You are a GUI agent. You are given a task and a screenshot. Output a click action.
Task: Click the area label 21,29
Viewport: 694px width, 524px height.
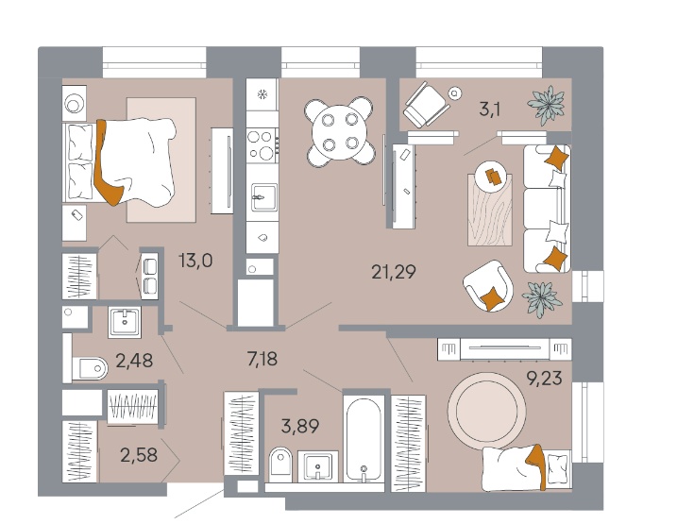pyautogui.click(x=394, y=272)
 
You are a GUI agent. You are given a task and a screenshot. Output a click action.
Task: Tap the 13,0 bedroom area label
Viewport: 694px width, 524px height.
pyautogui.click(x=195, y=261)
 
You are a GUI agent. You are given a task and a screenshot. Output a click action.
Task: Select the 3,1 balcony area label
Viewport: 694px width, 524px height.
pyautogui.click(x=489, y=109)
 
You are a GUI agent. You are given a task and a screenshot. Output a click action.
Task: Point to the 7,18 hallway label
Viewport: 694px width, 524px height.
pyautogui.click(x=262, y=359)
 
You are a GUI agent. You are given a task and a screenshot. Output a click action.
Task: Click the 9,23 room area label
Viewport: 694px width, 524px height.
pyautogui.click(x=544, y=379)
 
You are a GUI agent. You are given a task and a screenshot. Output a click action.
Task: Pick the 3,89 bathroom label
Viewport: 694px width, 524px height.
pyautogui.click(x=300, y=427)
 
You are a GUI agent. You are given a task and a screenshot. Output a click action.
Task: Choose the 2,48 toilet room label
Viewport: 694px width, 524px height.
pyautogui.click(x=134, y=361)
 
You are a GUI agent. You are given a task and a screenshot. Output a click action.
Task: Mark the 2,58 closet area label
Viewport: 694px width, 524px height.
pyautogui.click(x=139, y=455)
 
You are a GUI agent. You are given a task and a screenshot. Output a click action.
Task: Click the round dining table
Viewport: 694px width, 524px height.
pyautogui.click(x=340, y=132)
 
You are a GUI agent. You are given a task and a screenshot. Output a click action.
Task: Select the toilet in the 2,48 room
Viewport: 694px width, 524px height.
pyautogui.click(x=90, y=368)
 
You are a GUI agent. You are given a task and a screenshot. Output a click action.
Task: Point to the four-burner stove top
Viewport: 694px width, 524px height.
pyautogui.click(x=262, y=144)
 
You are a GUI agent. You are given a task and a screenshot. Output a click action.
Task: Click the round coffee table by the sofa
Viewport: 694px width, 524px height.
pyautogui.click(x=491, y=177)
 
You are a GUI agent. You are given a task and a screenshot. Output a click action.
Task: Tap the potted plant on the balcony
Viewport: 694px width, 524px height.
pyautogui.click(x=546, y=105)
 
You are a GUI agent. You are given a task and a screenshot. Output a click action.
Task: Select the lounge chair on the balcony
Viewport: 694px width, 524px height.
pyautogui.click(x=425, y=105)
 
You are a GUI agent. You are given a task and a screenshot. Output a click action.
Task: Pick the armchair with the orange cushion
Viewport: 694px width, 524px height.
pyautogui.click(x=488, y=285)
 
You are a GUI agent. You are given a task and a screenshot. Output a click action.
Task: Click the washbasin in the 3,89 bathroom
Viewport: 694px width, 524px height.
pyautogui.click(x=318, y=466)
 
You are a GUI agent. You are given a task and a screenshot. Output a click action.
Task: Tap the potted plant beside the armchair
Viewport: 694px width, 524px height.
pyautogui.click(x=542, y=298)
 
